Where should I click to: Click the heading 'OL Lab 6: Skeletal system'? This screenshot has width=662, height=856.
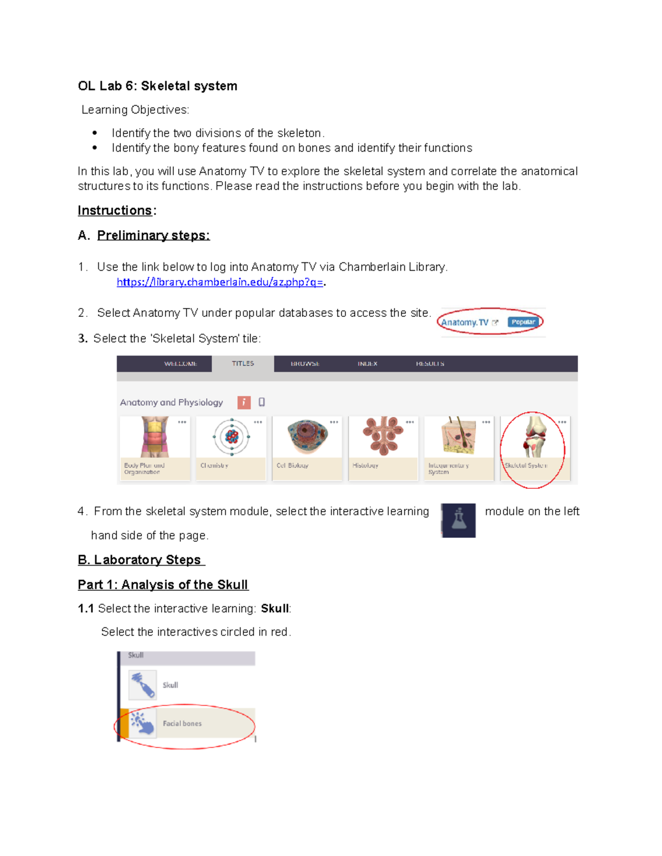157,86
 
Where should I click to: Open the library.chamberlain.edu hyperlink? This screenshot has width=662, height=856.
220,282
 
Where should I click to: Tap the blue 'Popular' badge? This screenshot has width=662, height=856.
523,322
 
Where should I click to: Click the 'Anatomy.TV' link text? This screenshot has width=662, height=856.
465,322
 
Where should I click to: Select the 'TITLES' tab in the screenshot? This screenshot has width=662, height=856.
243,364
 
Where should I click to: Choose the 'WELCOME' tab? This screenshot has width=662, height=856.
180,364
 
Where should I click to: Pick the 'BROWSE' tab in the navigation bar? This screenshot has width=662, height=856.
305,364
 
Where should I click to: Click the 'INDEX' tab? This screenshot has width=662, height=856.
367,364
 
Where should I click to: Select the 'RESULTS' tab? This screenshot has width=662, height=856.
430,364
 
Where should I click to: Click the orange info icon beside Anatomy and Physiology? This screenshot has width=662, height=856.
244,402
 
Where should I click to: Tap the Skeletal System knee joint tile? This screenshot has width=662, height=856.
535,438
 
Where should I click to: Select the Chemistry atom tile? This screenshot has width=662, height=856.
231,438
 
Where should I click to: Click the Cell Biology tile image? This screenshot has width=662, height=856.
307,437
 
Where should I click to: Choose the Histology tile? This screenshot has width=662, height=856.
383,437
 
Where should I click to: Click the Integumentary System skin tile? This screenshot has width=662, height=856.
458,437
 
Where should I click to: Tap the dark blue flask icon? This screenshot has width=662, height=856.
458,520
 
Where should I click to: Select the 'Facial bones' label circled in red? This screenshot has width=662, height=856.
182,724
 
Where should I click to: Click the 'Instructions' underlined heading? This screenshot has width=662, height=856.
115,211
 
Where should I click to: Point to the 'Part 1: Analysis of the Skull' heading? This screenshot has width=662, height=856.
163,585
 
